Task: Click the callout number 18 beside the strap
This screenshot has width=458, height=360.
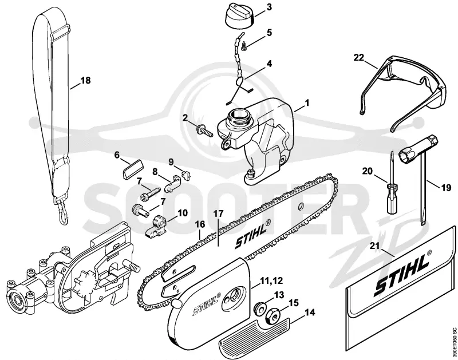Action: pos(85,80)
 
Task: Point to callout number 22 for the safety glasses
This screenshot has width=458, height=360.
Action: pos(359,57)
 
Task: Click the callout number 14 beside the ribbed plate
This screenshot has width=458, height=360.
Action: pos(310,312)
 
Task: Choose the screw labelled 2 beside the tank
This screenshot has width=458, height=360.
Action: pos(206,131)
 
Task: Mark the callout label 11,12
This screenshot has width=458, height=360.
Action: pos(271,280)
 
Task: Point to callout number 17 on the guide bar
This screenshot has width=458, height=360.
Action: pos(218,213)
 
